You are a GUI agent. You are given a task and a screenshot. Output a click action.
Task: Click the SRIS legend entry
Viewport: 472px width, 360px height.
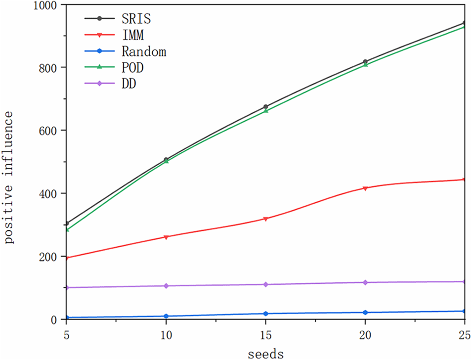136,19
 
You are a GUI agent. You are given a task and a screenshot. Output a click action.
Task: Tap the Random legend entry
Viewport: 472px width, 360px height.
144,51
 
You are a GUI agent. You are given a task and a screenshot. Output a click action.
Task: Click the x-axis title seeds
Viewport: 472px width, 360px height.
265,353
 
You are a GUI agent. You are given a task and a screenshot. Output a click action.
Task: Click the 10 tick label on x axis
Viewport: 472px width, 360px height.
166,335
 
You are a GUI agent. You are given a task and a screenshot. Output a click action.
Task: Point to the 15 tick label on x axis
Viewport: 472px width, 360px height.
265,335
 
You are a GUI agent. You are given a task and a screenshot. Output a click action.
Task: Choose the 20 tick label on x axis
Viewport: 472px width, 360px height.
365,335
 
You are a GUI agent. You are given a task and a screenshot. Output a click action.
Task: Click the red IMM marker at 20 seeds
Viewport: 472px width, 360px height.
365,188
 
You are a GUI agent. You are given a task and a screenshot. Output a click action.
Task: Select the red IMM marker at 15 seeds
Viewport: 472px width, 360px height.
265,219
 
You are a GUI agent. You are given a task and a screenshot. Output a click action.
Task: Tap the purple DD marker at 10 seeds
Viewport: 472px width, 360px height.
166,286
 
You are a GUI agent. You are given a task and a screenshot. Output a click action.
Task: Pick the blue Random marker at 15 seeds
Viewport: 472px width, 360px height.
265,314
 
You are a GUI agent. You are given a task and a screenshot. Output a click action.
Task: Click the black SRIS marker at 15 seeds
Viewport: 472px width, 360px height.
265,106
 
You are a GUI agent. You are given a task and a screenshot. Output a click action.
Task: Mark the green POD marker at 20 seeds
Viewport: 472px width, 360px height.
365,65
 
